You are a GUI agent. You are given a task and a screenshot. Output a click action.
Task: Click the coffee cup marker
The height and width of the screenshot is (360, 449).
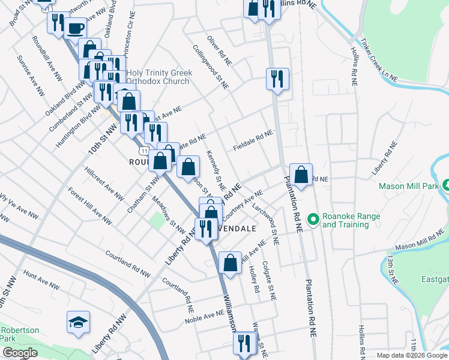click(x=75, y=28)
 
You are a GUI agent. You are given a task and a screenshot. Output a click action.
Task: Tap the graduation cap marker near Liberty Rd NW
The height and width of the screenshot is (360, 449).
click(x=78, y=323)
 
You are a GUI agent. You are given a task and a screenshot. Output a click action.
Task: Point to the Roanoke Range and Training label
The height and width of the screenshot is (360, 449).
click(x=345, y=221)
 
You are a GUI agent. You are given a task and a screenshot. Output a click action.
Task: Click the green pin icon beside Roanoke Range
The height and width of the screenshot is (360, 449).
click(x=312, y=220)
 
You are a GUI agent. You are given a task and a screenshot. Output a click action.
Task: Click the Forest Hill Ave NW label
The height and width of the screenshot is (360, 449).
click(x=90, y=207)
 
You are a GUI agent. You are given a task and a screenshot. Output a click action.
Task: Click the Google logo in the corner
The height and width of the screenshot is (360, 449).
click(x=19, y=353)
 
